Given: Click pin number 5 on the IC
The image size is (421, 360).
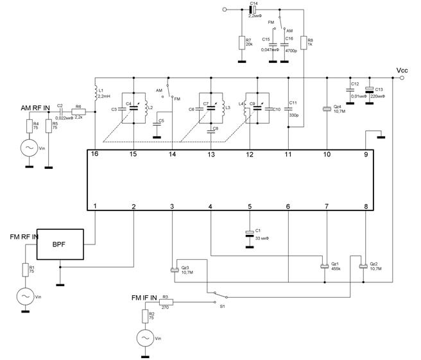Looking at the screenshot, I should (x=250, y=206).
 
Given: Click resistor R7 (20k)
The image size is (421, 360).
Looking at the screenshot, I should (x=241, y=42).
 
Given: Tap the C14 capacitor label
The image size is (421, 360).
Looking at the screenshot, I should (x=253, y=4).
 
